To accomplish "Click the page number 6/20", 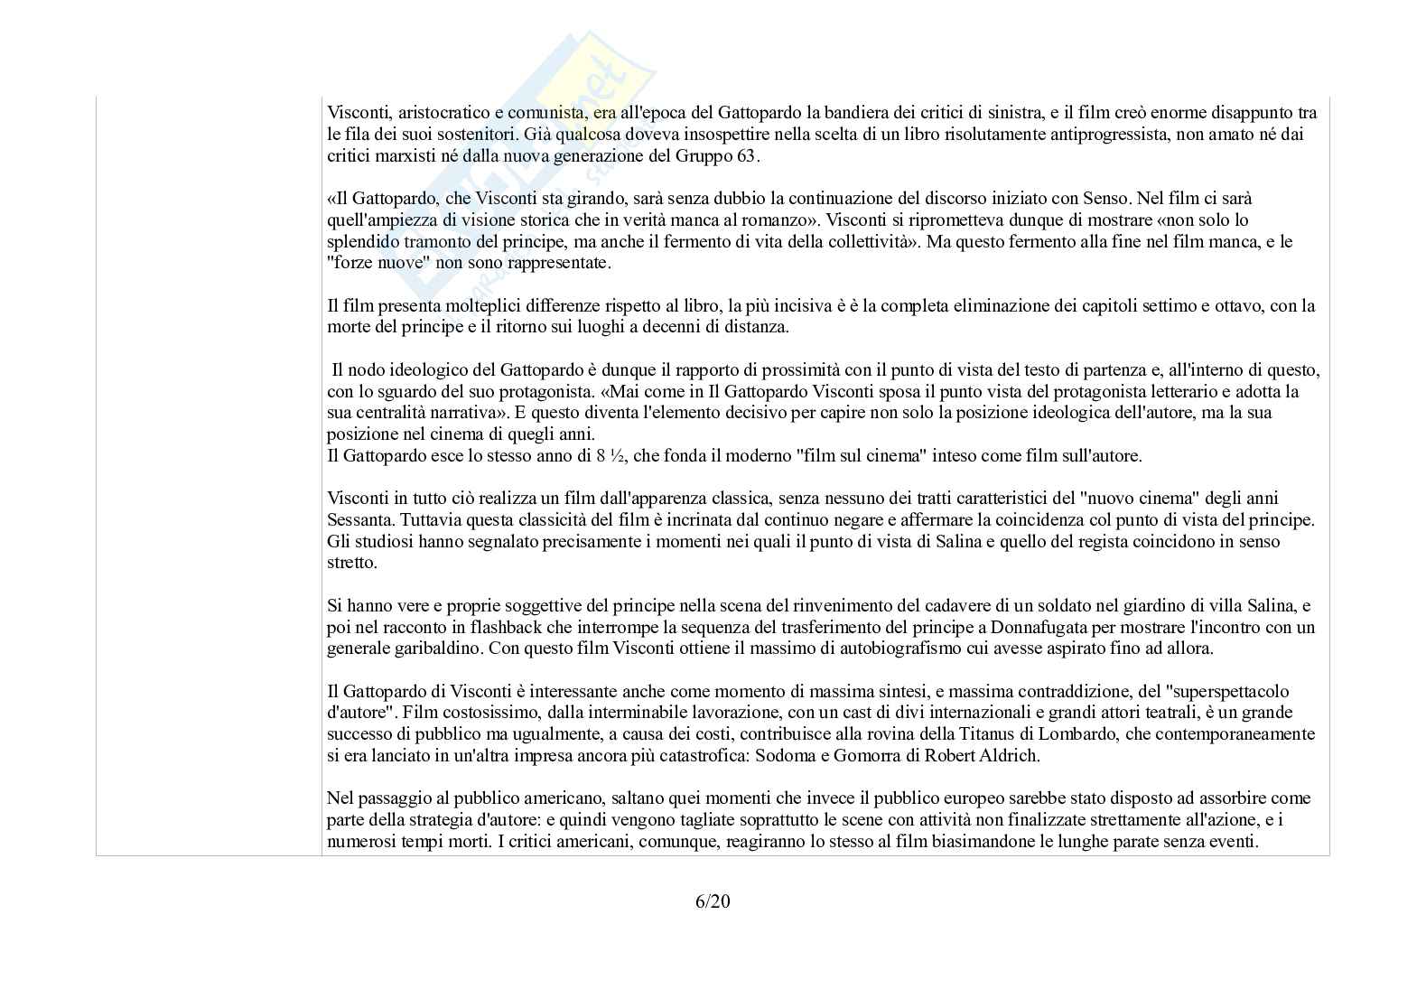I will tap(713, 901).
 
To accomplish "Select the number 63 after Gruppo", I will tap(750, 155).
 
